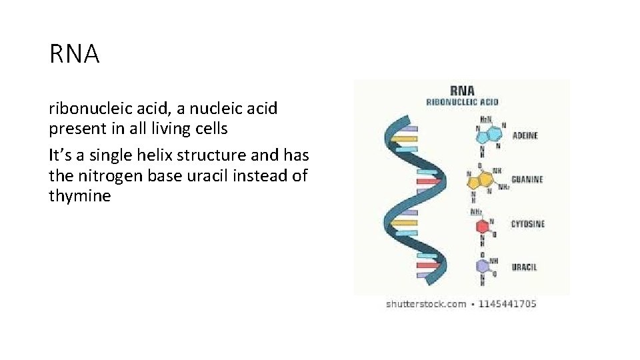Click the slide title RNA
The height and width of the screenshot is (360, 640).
pyautogui.click(x=74, y=54)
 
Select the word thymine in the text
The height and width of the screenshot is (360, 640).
pyautogui.click(x=80, y=196)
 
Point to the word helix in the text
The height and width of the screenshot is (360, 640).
pyautogui.click(x=147, y=155)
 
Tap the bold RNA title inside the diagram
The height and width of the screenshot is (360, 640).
pyautogui.click(x=462, y=90)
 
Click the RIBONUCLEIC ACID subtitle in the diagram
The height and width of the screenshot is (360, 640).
pyautogui.click(x=462, y=102)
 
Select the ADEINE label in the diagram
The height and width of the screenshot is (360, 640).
pyautogui.click(x=525, y=135)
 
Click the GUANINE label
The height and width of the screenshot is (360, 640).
pyautogui.click(x=527, y=179)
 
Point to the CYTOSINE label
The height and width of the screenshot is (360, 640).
pyautogui.click(x=527, y=224)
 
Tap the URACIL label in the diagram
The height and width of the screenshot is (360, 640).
pyautogui.click(x=524, y=267)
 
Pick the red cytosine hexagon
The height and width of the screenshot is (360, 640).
pyautogui.click(x=483, y=227)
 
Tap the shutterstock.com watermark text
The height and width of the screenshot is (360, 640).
pyautogui.click(x=426, y=304)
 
